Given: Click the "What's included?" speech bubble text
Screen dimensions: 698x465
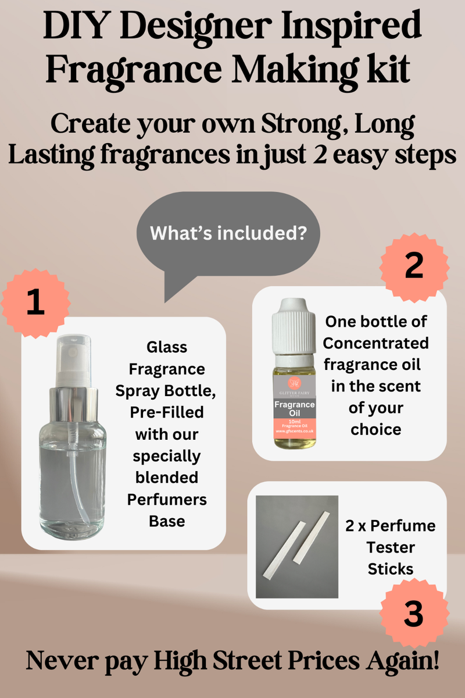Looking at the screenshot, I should pos(228,233).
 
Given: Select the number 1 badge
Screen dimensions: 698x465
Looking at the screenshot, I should pos(35,304).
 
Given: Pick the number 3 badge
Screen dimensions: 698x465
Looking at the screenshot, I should pos(413,614).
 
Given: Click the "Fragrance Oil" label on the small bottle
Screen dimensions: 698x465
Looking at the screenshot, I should pos(294,409).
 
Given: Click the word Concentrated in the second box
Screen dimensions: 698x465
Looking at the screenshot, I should pos(376,343).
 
